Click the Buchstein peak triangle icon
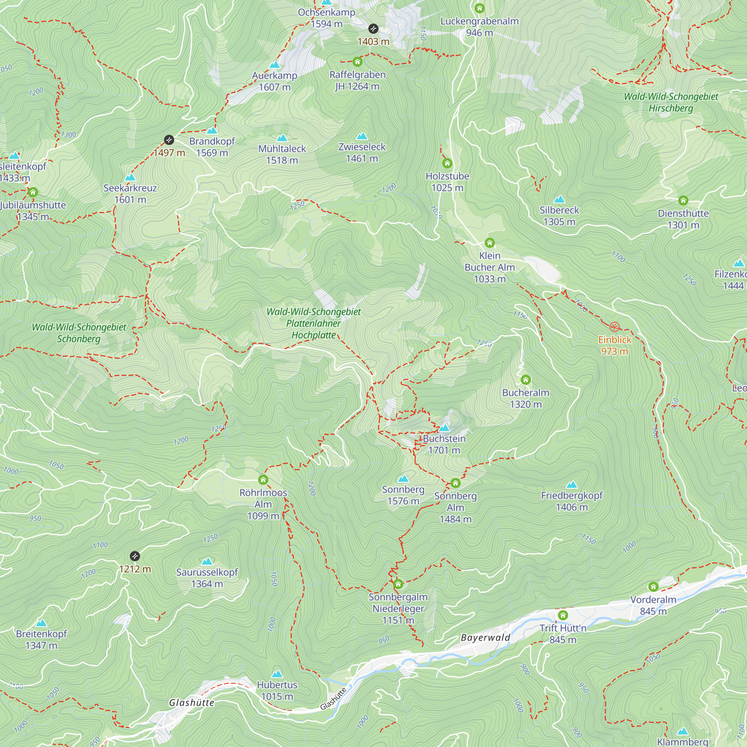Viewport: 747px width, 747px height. [444, 428]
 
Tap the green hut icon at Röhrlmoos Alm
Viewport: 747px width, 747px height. [263, 480]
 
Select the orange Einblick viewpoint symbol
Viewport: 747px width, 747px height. [614, 327]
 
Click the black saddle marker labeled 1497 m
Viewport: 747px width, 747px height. [169, 140]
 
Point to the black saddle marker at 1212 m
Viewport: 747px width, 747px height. [134, 556]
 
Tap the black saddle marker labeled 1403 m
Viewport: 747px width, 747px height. [373, 29]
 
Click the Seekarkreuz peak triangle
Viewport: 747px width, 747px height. [130, 177]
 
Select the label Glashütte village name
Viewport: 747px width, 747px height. [191, 703]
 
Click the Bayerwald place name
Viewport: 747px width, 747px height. [486, 637]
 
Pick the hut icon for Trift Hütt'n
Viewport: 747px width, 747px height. [563, 615]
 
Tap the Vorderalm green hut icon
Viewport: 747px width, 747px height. [653, 586]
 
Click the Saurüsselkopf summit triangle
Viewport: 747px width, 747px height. [207, 561]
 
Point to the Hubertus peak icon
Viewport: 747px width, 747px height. [277, 674]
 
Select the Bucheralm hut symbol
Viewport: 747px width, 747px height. [526, 379]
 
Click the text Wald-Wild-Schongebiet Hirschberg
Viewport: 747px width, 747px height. [671, 102]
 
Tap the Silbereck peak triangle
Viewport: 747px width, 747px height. [559, 199]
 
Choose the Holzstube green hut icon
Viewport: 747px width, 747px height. [447, 163]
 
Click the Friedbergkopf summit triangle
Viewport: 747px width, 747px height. [571, 484]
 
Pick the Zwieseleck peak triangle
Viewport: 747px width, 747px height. [362, 136]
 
